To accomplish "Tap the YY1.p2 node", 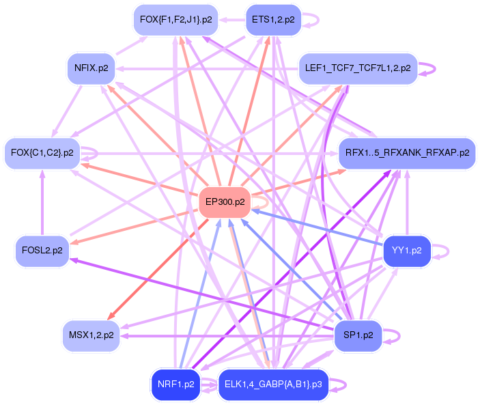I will tap(407, 251).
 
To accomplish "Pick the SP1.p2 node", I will tap(357, 335).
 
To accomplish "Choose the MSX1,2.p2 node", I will tap(91, 335).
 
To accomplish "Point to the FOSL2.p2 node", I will tap(42, 251).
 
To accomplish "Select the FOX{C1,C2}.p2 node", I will tap(42, 152).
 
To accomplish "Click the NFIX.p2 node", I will tap(91, 68).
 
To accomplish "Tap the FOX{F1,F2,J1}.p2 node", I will tap(175, 20).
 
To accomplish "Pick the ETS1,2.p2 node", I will tap(272, 20).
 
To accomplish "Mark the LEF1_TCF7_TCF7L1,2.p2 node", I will tap(358, 68).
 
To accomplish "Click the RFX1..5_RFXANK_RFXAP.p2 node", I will tap(407, 152).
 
